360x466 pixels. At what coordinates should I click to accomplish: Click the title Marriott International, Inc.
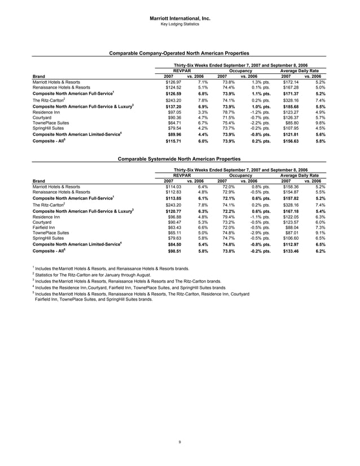click(x=179, y=19)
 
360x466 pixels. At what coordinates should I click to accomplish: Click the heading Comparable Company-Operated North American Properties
click(x=179, y=53)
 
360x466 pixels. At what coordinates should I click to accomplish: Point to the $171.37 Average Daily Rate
click(x=291, y=93)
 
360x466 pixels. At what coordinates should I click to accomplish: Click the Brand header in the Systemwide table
click(x=39, y=181)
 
